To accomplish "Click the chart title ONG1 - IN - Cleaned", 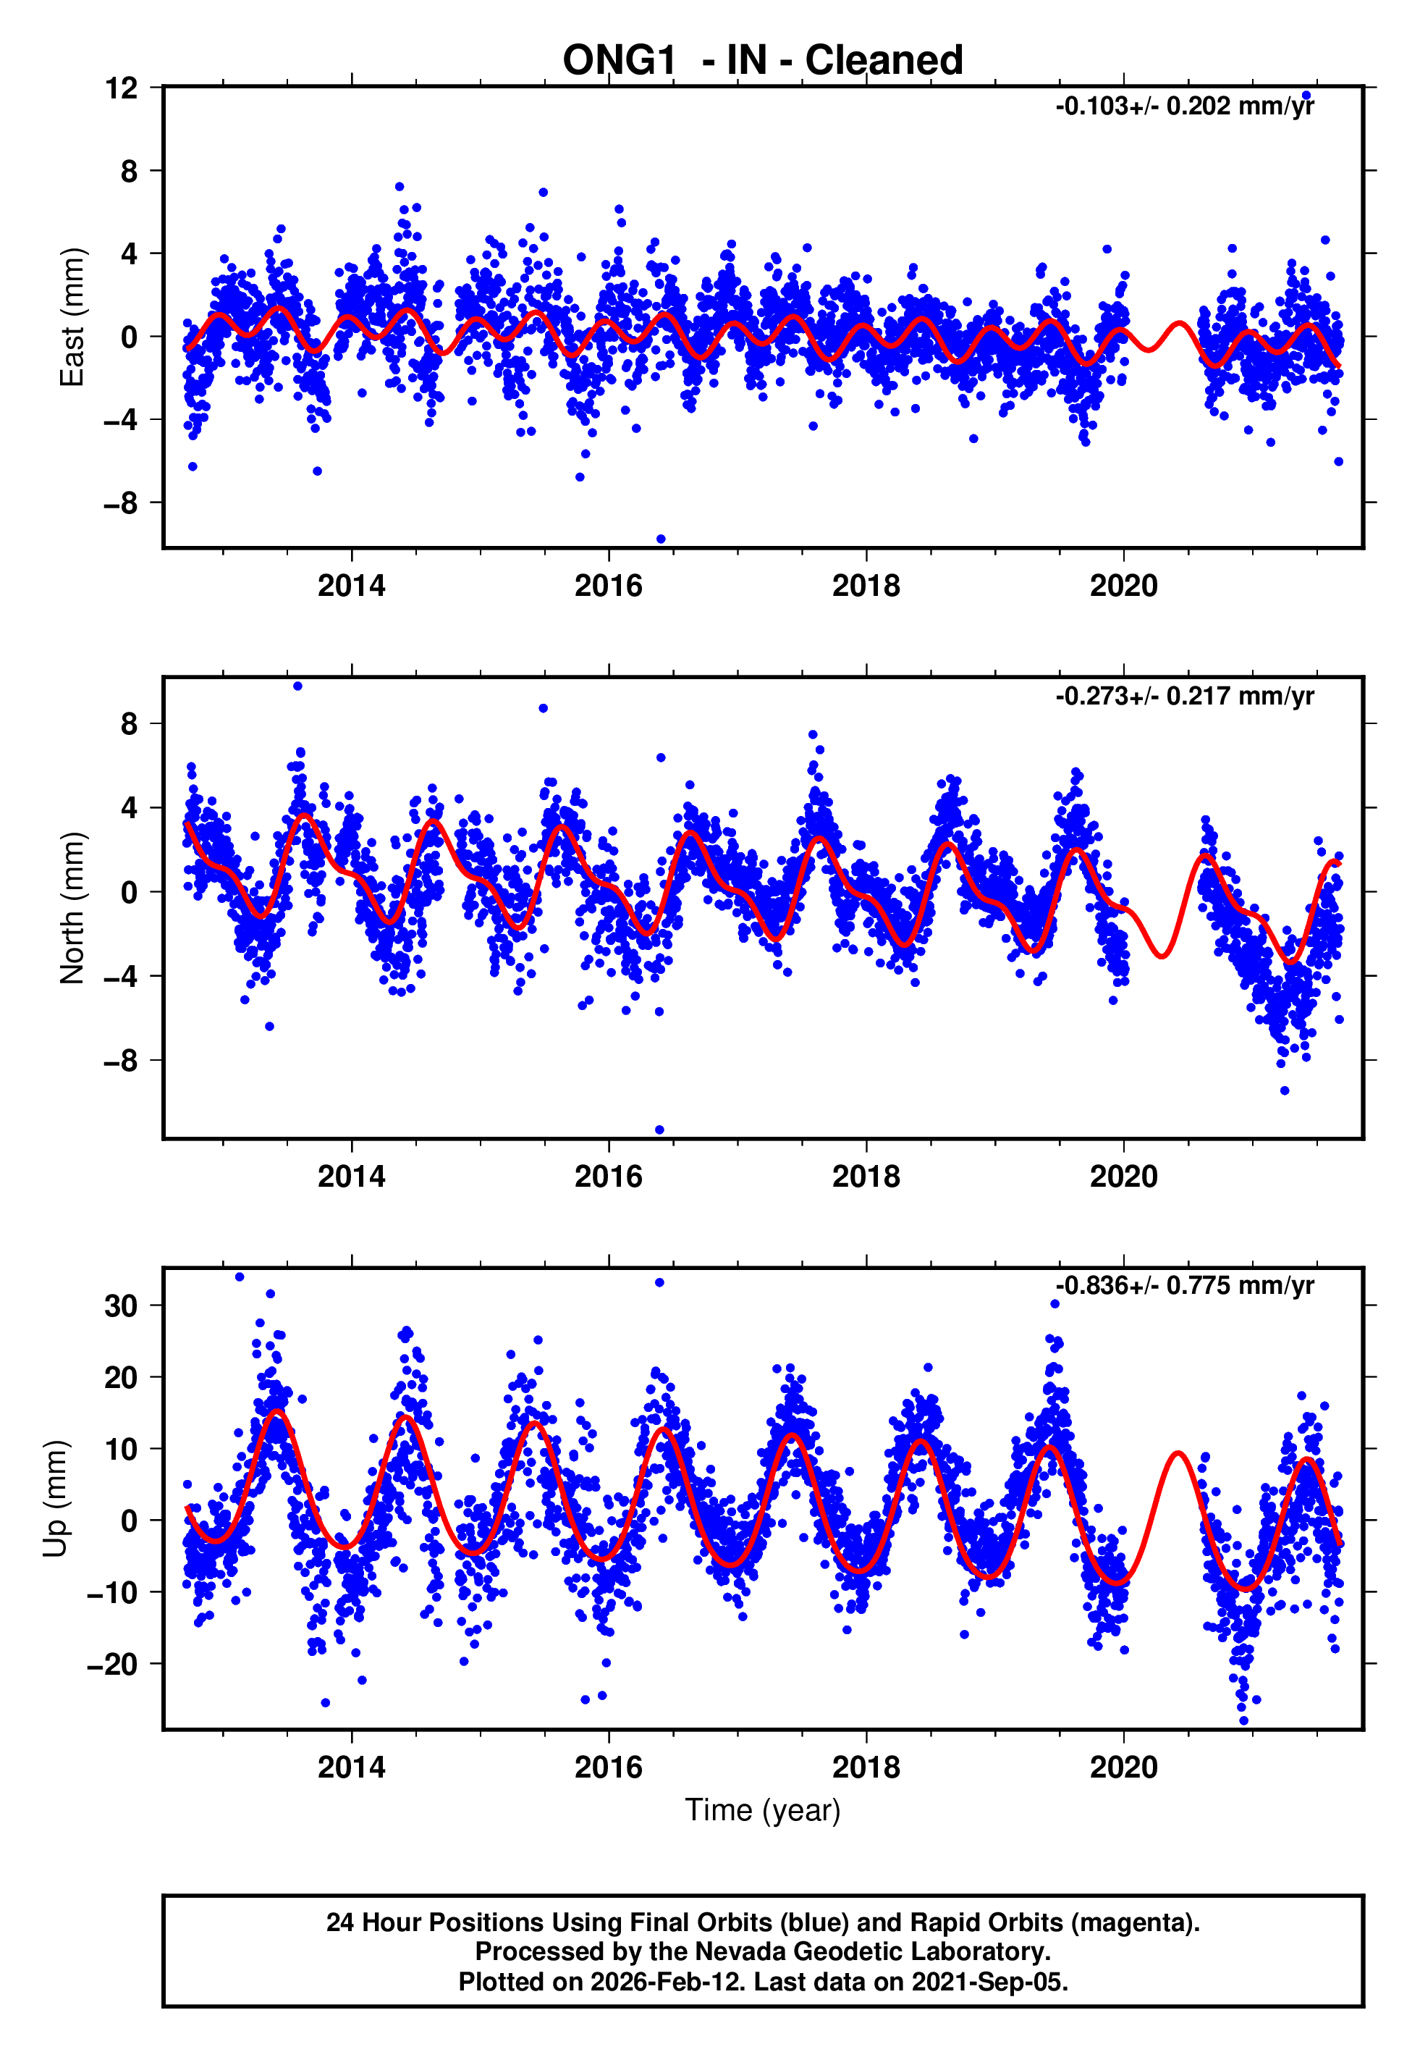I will (x=763, y=61).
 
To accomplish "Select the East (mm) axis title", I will (x=71, y=317).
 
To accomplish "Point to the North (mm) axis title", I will (x=71, y=908).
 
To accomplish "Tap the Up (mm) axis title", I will (x=55, y=1499).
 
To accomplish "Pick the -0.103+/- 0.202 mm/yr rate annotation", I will (x=1184, y=106).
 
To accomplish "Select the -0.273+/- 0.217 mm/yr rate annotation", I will (x=1184, y=696).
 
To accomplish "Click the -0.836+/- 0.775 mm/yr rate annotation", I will (x=1184, y=1285).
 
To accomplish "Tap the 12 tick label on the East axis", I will (x=121, y=88).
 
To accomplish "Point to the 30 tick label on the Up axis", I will (x=121, y=1305).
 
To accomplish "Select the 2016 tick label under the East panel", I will (x=609, y=586).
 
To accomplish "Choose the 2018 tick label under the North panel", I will (x=866, y=1177).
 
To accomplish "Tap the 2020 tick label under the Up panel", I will (x=1124, y=1767).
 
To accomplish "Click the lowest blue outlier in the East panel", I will (x=660, y=539).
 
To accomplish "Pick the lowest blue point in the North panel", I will (x=659, y=1130).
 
